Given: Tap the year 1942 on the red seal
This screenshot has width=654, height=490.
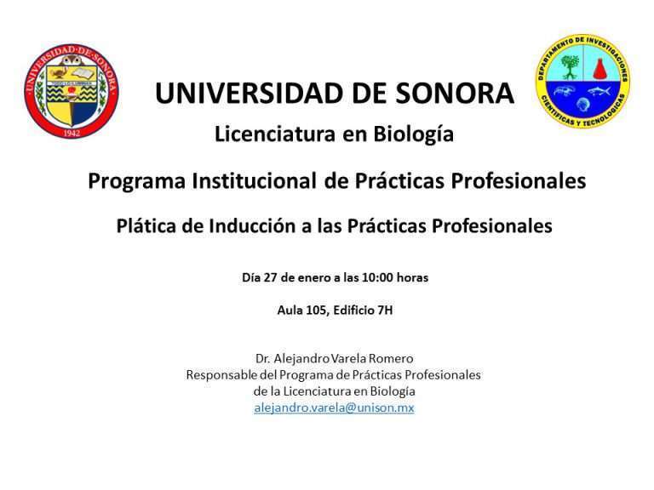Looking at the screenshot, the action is pyautogui.click(x=72, y=134).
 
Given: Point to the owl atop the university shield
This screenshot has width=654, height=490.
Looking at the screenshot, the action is pyautogui.click(x=71, y=61).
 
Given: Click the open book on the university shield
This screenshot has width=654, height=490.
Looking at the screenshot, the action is pyautogui.click(x=84, y=74).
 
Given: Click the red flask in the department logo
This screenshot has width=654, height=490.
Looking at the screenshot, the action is pyautogui.click(x=599, y=68).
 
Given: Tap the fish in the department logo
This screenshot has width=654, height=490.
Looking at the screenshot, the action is pyautogui.click(x=599, y=91).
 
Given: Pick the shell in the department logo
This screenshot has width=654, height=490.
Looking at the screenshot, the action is pyautogui.click(x=582, y=104).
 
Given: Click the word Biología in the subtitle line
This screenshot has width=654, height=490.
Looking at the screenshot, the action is pyautogui.click(x=413, y=134).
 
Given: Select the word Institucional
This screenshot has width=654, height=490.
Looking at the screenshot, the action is pyautogui.click(x=254, y=181).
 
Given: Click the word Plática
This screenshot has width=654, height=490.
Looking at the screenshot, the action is pyautogui.click(x=146, y=225).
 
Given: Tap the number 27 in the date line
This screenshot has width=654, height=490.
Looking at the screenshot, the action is pyautogui.click(x=270, y=277).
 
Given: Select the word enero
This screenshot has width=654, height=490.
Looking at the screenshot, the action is pyautogui.click(x=309, y=277).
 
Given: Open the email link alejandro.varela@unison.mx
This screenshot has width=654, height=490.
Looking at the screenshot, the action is pyautogui.click(x=334, y=407).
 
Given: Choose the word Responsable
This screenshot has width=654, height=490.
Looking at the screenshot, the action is pyautogui.click(x=221, y=375).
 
